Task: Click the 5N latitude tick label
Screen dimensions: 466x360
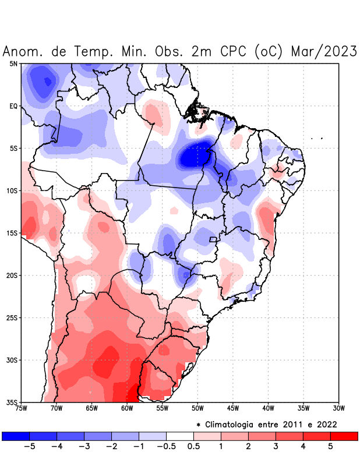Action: click(x=13, y=63)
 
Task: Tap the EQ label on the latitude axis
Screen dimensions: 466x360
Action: click(x=13, y=106)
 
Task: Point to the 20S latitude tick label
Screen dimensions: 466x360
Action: click(x=12, y=276)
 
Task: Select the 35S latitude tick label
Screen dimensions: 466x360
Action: click(x=12, y=403)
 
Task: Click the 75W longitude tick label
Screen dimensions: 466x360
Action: click(x=22, y=408)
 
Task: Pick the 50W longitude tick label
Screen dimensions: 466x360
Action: click(x=197, y=408)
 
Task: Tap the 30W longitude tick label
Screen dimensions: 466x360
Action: click(x=338, y=408)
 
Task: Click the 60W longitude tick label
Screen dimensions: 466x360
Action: click(x=126, y=408)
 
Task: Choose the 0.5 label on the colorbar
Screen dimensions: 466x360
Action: click(x=194, y=447)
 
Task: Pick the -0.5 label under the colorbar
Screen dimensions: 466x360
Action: click(x=166, y=447)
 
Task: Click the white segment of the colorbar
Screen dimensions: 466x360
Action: click(x=180, y=436)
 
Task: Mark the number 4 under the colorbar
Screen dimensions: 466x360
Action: click(x=303, y=447)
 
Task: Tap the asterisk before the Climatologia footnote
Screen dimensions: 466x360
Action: click(x=198, y=425)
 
